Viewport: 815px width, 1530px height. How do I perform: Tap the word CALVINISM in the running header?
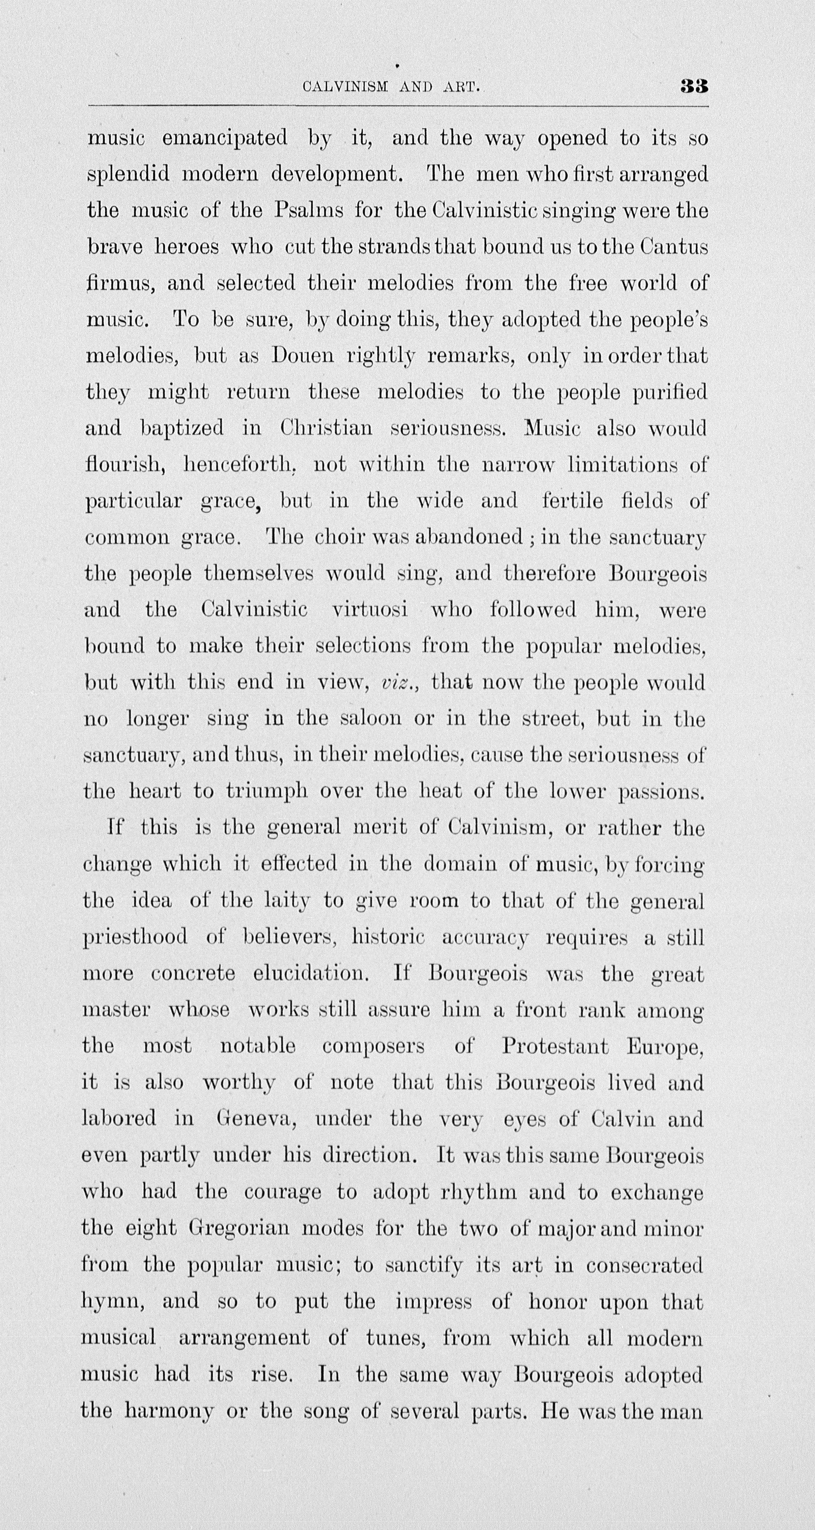point(345,87)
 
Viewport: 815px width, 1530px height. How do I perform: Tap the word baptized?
point(182,428)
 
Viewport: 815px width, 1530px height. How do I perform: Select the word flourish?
point(125,464)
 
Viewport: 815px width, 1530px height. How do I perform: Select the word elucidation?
point(312,974)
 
